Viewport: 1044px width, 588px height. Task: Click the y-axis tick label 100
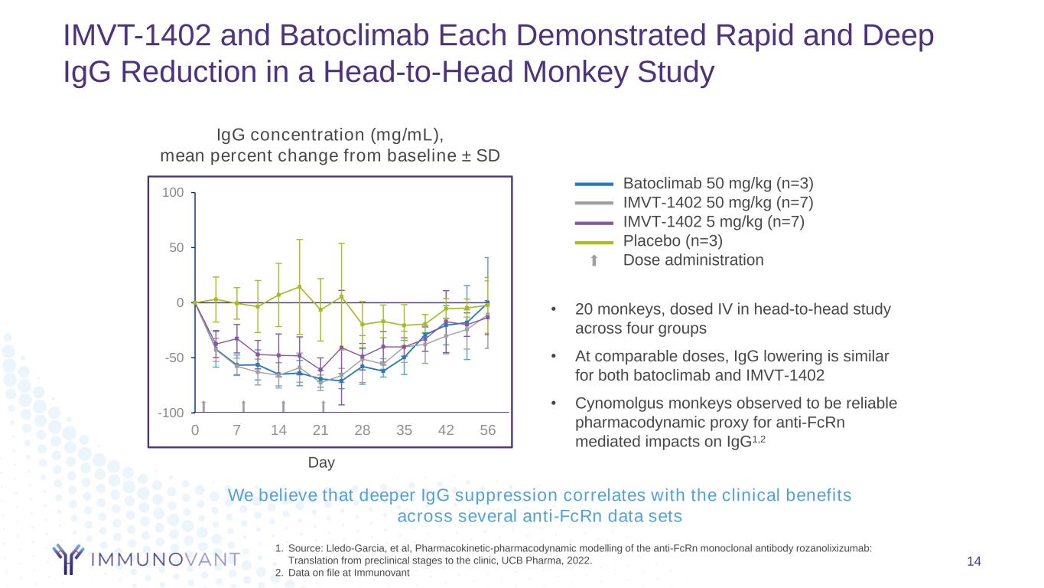pyautogui.click(x=173, y=192)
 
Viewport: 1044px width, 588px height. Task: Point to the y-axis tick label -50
pyautogui.click(x=173, y=358)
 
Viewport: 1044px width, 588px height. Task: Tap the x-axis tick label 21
pyautogui.click(x=320, y=430)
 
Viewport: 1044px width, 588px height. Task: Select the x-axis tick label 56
pyautogui.click(x=487, y=430)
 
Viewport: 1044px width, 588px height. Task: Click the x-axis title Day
pyautogui.click(x=321, y=462)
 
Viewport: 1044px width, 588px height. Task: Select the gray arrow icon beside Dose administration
pyautogui.click(x=594, y=260)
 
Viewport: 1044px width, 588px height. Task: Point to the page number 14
pyautogui.click(x=974, y=563)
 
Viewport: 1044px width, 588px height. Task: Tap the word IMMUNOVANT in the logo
pyautogui.click(x=164, y=560)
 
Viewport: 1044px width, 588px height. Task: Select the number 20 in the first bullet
pyautogui.click(x=584, y=309)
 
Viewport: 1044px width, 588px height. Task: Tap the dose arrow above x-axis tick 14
pyautogui.click(x=283, y=406)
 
